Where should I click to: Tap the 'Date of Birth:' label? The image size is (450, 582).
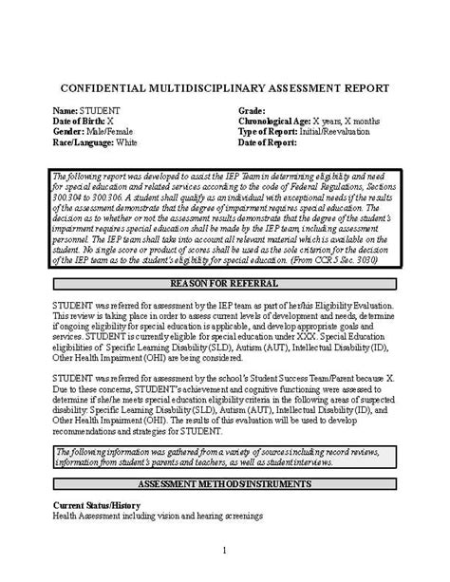pos(79,122)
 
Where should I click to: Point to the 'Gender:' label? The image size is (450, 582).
pos(69,133)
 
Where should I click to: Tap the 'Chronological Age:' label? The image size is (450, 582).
pos(274,122)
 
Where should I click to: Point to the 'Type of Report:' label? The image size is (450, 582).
pos(269,133)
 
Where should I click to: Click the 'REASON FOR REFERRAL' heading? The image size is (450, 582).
pos(224,257)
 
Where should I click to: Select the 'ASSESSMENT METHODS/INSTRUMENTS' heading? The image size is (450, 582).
pos(224,484)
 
